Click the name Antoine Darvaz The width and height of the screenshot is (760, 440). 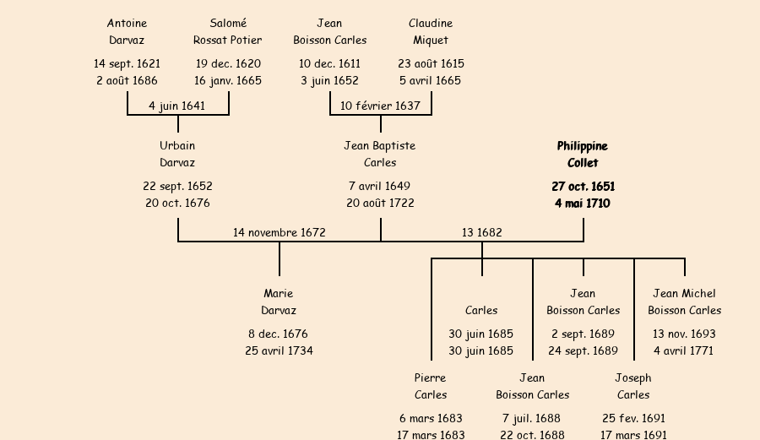tap(127, 32)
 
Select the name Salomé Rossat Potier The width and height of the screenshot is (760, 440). tap(228, 32)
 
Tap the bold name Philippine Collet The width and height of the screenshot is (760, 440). tap(583, 155)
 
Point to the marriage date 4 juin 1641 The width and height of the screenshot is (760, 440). tap(176, 106)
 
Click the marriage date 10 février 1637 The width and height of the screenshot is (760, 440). tap(380, 106)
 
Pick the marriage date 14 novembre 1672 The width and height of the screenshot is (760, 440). tap(280, 232)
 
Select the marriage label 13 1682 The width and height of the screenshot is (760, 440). tap(482, 232)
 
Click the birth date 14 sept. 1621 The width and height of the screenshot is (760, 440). tap(127, 63)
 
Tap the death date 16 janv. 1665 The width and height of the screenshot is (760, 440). tap(228, 81)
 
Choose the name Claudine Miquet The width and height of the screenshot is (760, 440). tap(431, 32)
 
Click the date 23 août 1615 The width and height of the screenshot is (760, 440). tap(431, 63)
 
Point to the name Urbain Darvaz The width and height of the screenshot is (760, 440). tap(177, 155)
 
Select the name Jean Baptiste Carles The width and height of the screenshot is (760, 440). tap(380, 155)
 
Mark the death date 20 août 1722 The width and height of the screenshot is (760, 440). tap(380, 204)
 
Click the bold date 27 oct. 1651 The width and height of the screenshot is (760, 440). tap(583, 186)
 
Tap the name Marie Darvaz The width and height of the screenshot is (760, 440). tap(279, 302)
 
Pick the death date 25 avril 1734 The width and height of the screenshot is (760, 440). tap(279, 350)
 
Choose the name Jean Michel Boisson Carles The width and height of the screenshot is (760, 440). tap(684, 302)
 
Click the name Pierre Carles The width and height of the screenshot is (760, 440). tap(431, 387)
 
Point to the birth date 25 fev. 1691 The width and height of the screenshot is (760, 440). tap(633, 418)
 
